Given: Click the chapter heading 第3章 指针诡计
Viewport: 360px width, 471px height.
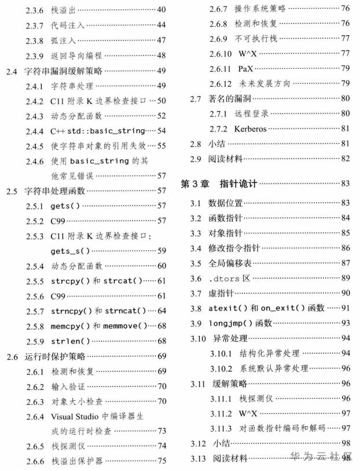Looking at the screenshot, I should (x=218, y=184).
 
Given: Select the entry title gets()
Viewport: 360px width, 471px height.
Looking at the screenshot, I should (x=67, y=206).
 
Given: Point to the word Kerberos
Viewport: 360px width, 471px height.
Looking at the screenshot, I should (x=251, y=129).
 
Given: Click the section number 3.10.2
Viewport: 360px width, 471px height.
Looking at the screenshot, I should (x=221, y=368).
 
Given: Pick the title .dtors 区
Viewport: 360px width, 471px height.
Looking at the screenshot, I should (x=229, y=278).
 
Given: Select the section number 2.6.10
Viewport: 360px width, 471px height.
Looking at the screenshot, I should (x=222, y=54).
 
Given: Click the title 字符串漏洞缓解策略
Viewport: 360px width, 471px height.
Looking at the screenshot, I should (x=60, y=71).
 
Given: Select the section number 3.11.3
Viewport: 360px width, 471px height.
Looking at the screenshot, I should (x=221, y=428).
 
